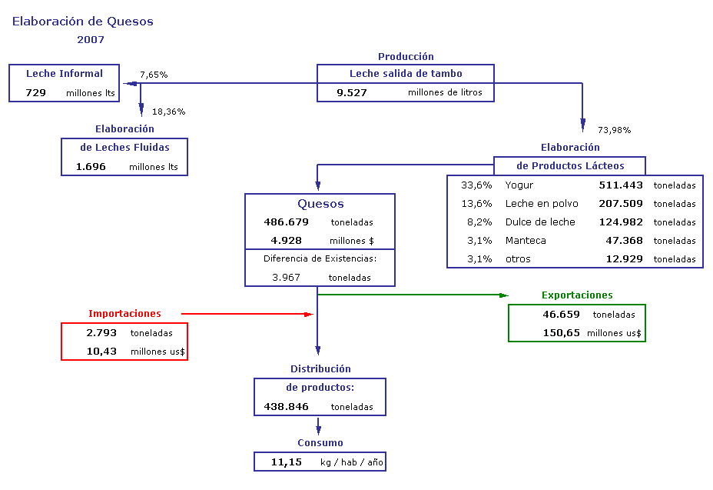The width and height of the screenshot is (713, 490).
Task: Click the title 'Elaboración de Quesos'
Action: (x=83, y=22)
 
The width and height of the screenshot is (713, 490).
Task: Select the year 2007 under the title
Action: (x=91, y=40)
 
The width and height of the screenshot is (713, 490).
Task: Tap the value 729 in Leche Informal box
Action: (x=36, y=93)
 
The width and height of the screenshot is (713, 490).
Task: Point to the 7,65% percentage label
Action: (x=154, y=75)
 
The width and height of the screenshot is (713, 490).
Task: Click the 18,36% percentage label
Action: (x=169, y=112)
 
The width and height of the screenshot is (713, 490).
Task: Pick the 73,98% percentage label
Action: (x=615, y=130)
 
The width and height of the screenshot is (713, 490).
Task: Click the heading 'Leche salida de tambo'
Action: (x=406, y=73)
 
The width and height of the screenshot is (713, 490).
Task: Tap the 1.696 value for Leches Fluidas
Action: (x=91, y=167)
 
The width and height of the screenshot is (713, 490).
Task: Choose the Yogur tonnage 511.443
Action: (x=621, y=185)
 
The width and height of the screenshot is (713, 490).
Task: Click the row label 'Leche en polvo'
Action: (x=542, y=204)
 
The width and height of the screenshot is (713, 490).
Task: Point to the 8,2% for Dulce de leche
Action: (x=479, y=222)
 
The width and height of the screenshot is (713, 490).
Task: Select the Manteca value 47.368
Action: (x=624, y=241)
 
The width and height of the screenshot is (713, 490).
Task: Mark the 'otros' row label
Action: (x=518, y=259)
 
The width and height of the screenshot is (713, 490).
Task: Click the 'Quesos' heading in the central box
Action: (x=320, y=204)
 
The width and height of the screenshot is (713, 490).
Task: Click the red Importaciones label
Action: (x=124, y=313)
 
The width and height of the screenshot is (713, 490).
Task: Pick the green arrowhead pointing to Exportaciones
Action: (x=504, y=295)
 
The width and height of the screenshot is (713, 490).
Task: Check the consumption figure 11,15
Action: (x=287, y=462)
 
